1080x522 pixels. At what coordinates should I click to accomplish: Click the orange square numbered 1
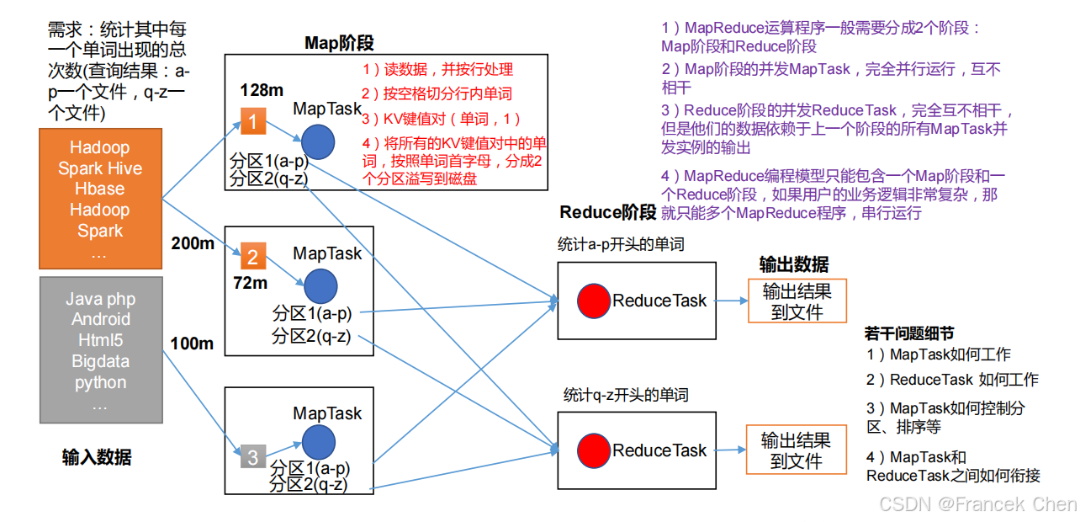click(252, 123)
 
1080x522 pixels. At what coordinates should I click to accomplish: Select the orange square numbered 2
click(252, 255)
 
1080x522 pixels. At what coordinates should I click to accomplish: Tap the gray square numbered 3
click(252, 456)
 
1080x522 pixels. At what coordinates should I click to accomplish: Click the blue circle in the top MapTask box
click(318, 141)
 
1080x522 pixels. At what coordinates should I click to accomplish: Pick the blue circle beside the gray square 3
click(318, 442)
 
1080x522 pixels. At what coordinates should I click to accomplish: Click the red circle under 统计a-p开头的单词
click(593, 301)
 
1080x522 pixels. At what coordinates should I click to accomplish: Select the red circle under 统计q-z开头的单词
click(593, 450)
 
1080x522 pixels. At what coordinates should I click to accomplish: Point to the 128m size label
click(261, 90)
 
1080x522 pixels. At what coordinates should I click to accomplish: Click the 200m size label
click(193, 243)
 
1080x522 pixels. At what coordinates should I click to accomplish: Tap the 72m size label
click(250, 283)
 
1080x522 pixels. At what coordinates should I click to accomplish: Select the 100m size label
click(192, 344)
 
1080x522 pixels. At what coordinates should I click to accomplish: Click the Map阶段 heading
click(339, 43)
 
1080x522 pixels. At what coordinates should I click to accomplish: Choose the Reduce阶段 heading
click(608, 211)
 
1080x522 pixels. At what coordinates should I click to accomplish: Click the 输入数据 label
click(97, 457)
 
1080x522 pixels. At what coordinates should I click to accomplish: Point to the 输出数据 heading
click(794, 264)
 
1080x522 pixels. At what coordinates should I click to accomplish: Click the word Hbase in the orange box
click(100, 189)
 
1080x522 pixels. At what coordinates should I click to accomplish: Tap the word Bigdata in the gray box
click(100, 361)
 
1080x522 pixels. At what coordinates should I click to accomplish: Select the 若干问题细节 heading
click(909, 333)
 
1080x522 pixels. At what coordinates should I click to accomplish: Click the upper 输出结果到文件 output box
click(797, 301)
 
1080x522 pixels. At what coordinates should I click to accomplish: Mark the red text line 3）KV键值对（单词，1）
click(442, 119)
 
